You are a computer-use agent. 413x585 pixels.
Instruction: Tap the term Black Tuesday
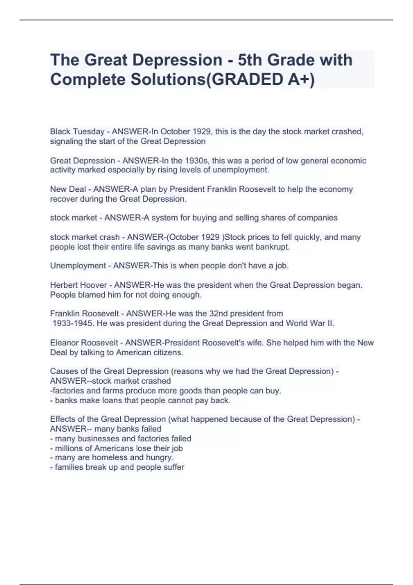(77, 131)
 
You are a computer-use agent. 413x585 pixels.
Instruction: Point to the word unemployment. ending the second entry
(241, 170)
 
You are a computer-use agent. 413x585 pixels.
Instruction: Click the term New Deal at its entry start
(68, 189)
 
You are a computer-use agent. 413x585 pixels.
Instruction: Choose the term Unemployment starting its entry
(78, 266)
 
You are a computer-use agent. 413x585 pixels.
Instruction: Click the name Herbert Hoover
(78, 285)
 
